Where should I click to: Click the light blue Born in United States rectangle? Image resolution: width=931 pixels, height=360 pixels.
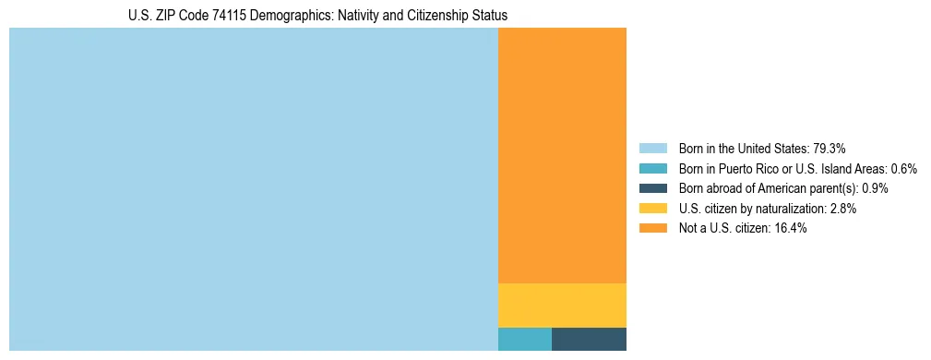[x=253, y=189]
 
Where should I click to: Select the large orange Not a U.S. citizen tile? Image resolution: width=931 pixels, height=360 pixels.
[x=562, y=155]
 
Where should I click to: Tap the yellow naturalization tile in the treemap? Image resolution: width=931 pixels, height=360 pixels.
[x=562, y=305]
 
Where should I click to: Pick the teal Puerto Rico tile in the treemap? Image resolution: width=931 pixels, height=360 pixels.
[x=525, y=339]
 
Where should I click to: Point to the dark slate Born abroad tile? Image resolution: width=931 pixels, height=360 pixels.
[x=589, y=339]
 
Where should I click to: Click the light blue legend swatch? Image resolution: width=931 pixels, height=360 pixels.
[x=652, y=148]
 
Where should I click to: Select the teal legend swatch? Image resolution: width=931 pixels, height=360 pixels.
[x=652, y=168]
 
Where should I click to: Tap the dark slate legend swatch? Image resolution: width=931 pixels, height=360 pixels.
[x=652, y=188]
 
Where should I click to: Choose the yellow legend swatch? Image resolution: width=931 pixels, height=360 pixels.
[x=652, y=209]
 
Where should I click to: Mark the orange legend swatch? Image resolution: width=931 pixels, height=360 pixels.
[x=652, y=228]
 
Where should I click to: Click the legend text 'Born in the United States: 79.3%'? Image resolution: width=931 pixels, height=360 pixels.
[x=762, y=148]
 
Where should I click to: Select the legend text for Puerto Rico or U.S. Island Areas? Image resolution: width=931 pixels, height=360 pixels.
[x=797, y=168]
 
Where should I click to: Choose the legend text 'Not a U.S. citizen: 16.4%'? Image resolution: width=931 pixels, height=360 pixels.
[x=743, y=228]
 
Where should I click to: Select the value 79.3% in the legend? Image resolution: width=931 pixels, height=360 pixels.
[x=830, y=148]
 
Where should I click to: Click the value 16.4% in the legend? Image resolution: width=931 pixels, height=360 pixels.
[x=790, y=228]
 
